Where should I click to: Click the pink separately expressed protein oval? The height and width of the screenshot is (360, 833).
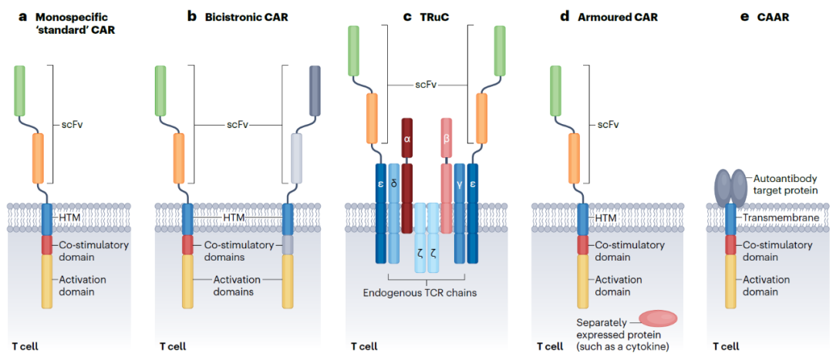pyautogui.click(x=658, y=318)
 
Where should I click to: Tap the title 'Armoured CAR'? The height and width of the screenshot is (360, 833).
pyautogui.click(x=617, y=17)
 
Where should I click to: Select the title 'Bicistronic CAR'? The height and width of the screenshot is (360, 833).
pyautogui.click(x=247, y=17)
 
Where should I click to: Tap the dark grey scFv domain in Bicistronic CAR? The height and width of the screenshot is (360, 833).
pyautogui.click(x=315, y=91)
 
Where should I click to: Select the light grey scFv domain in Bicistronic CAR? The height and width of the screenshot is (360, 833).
pyautogui.click(x=297, y=159)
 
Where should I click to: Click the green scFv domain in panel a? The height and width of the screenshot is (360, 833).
pyautogui.click(x=19, y=91)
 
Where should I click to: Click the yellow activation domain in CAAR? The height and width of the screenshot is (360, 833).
pyautogui.click(x=731, y=281)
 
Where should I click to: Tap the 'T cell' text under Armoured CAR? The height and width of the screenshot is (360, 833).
pyautogui.click(x=551, y=347)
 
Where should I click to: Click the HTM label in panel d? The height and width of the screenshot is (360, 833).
pyautogui.click(x=604, y=217)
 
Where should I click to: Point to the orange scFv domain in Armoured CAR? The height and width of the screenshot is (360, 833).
pyautogui.click(x=575, y=159)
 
